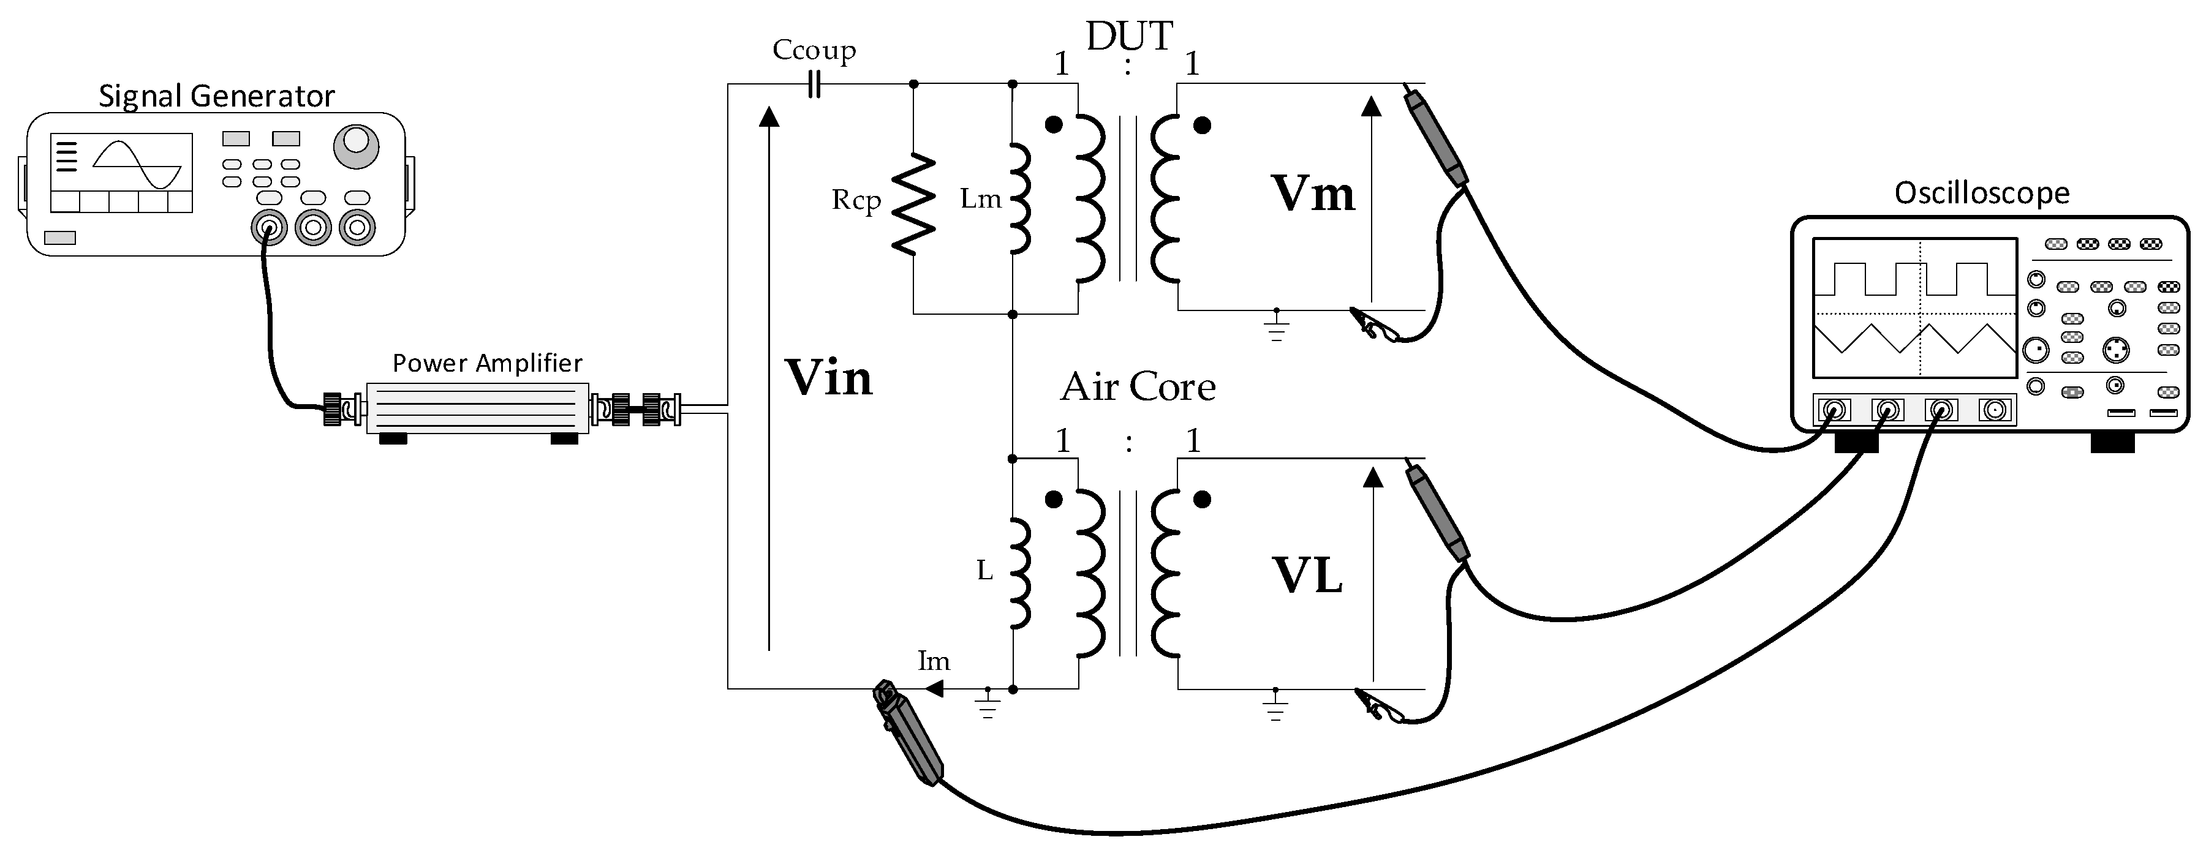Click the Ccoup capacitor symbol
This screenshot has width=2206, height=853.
tap(814, 84)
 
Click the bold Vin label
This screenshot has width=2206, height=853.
tap(828, 378)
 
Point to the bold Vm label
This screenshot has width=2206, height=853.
tap(1312, 194)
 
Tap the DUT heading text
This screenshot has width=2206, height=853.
tap(1128, 37)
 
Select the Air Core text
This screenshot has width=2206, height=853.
tap(1137, 387)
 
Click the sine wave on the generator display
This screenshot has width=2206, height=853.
tap(137, 165)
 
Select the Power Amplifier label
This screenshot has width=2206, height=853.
tap(486, 363)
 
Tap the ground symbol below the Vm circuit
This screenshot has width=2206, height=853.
tap(1276, 325)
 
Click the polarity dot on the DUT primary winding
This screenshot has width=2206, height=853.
tap(1054, 125)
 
